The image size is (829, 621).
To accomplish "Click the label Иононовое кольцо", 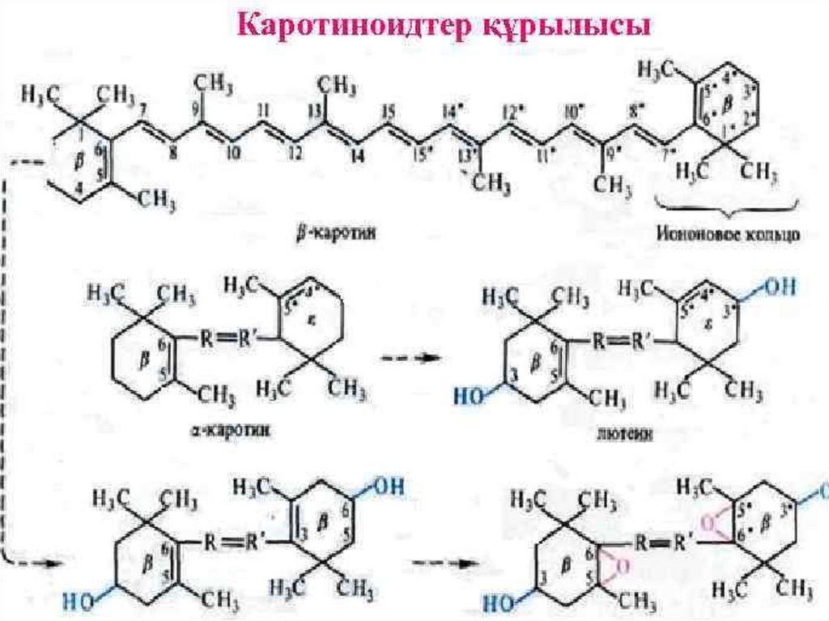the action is click(725, 235).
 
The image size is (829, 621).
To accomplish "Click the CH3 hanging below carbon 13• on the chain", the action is click(491, 185).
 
